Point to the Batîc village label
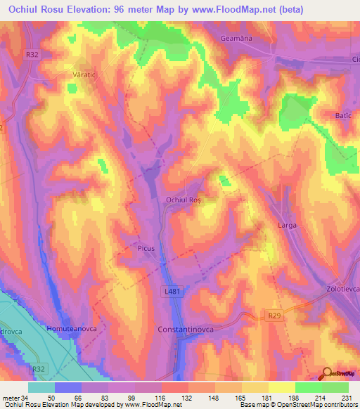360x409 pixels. tap(343, 115)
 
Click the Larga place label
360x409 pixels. tap(287, 226)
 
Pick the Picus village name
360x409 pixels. tap(146, 248)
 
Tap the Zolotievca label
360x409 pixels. tap(341, 289)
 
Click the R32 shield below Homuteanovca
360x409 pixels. tap(39, 368)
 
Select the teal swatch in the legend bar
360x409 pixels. tap(41, 387)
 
